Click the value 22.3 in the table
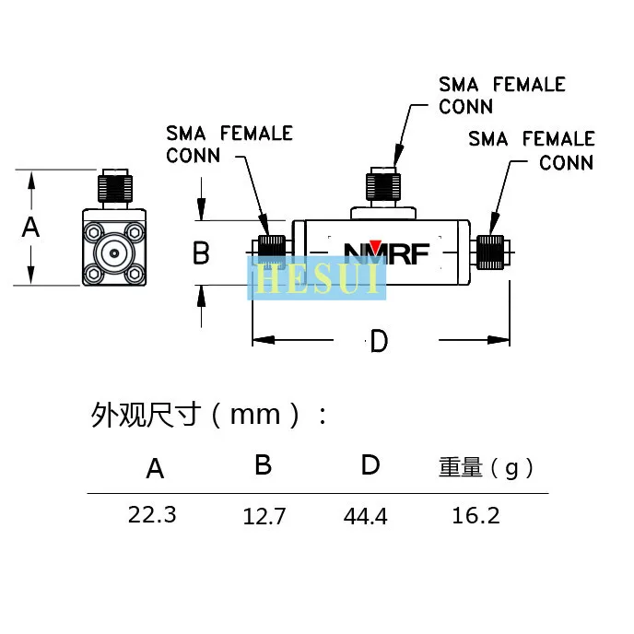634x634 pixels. pyautogui.click(x=152, y=515)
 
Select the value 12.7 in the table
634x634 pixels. pyautogui.click(x=264, y=516)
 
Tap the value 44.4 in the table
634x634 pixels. pyautogui.click(x=366, y=516)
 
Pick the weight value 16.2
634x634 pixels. pyautogui.click(x=475, y=515)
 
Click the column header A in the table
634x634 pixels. pyautogui.click(x=155, y=469)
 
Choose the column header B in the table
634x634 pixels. pyautogui.click(x=263, y=464)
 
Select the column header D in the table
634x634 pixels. pyautogui.click(x=370, y=464)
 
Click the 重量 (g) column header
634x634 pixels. pyautogui.click(x=486, y=467)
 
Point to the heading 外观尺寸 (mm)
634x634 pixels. pyautogui.click(x=208, y=415)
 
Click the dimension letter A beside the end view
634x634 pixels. pyautogui.click(x=30, y=228)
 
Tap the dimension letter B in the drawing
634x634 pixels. pyautogui.click(x=201, y=252)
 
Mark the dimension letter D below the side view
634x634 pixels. pyautogui.click(x=379, y=341)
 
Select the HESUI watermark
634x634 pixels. pyautogui.click(x=317, y=278)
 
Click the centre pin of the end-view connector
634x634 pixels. pyautogui.click(x=114, y=253)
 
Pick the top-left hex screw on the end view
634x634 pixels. pyautogui.click(x=94, y=232)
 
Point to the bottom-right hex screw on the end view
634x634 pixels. pyautogui.click(x=135, y=274)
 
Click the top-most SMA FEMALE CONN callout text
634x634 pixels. pyautogui.click(x=502, y=96)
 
